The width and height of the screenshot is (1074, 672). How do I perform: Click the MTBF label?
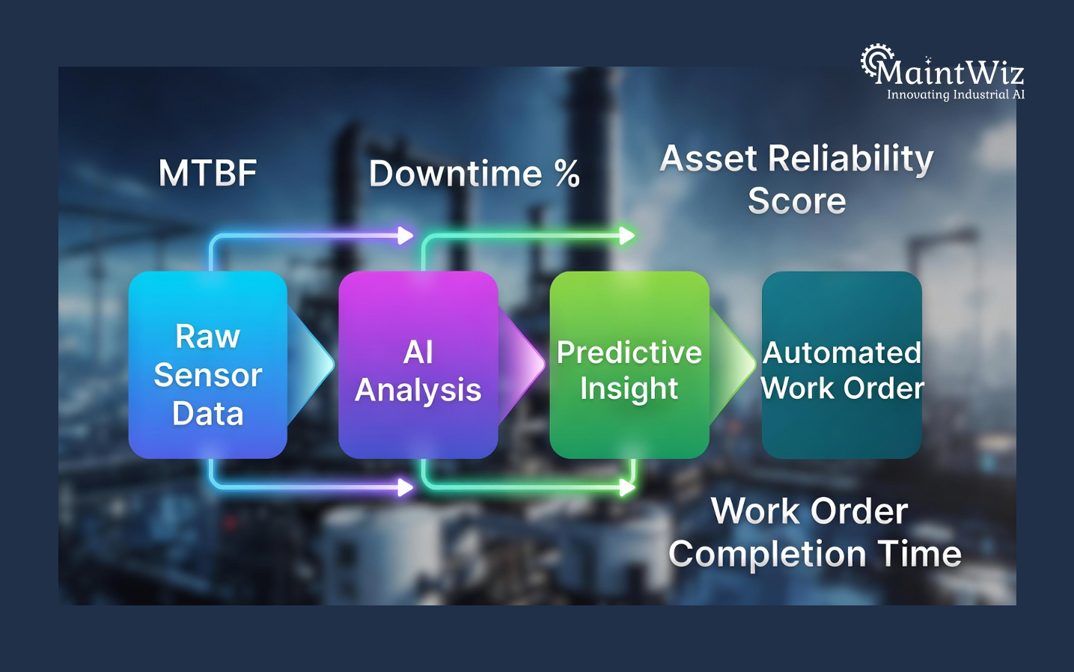pyautogui.click(x=207, y=174)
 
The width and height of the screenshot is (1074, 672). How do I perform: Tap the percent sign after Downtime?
pyautogui.click(x=567, y=174)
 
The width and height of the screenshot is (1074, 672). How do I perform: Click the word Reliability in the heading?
pyautogui.click(x=851, y=159)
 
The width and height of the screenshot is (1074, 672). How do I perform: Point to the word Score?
pyautogui.click(x=797, y=201)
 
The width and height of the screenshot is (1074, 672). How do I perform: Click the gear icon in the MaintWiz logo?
pyautogui.click(x=876, y=60)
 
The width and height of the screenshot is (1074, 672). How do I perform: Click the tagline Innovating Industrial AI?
pyautogui.click(x=956, y=95)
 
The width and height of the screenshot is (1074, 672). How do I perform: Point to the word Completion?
pyautogui.click(x=768, y=555)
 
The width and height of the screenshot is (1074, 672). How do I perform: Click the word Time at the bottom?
pyautogui.click(x=920, y=554)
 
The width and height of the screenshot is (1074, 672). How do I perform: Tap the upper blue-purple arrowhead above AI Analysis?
pyautogui.click(x=406, y=236)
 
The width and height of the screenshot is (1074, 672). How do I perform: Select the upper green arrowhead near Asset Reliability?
pyautogui.click(x=627, y=236)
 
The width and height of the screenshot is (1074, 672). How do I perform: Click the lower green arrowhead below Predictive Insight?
pyautogui.click(x=627, y=488)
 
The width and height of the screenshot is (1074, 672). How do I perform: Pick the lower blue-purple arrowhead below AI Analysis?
pyautogui.click(x=406, y=488)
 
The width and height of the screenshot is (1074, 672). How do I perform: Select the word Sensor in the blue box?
pyautogui.click(x=207, y=375)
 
